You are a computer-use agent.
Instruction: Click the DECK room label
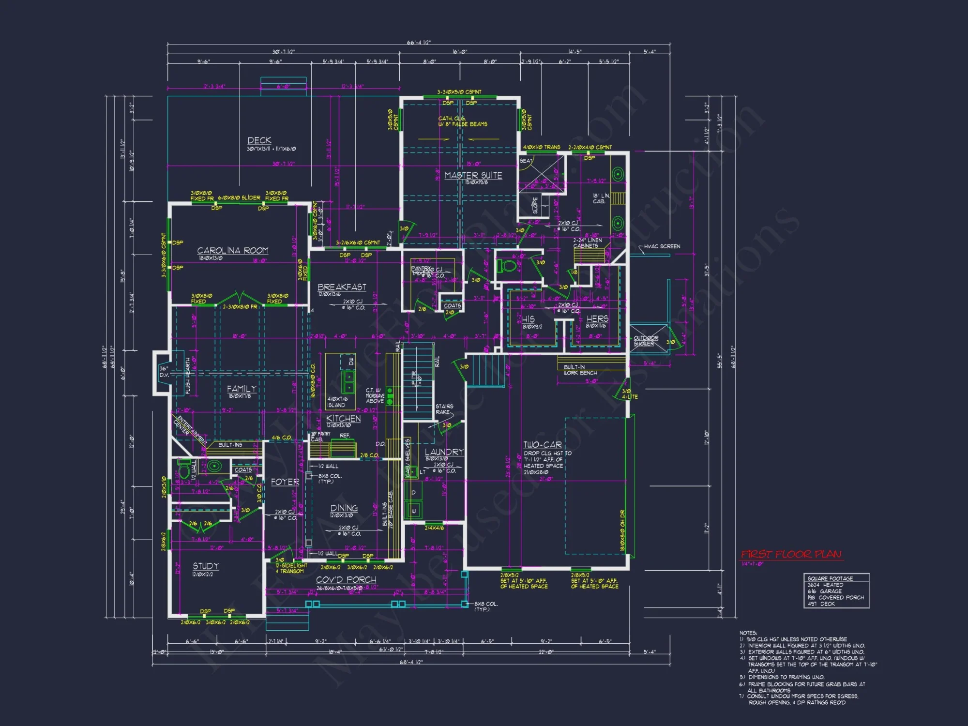(259, 140)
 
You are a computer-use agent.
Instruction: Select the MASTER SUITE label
(473, 175)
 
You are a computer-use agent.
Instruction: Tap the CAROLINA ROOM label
(232, 250)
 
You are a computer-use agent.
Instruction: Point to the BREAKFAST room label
(342, 287)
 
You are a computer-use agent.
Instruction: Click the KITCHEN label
(343, 419)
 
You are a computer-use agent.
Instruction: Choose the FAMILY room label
(242, 389)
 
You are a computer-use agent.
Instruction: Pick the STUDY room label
(206, 566)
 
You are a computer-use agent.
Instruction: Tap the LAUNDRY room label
(444, 452)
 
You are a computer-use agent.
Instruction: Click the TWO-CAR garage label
(542, 445)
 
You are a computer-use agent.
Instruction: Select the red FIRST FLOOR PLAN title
(791, 554)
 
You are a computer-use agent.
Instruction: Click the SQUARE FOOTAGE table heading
(830, 578)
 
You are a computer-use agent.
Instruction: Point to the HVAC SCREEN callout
(662, 246)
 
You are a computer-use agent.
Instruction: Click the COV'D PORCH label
(346, 579)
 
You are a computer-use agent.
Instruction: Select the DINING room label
(344, 508)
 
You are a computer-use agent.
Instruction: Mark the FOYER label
(285, 482)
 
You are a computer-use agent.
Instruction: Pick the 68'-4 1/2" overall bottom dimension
(411, 662)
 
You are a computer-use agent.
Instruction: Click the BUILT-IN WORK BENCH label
(580, 370)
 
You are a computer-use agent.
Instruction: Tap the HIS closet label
(528, 319)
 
